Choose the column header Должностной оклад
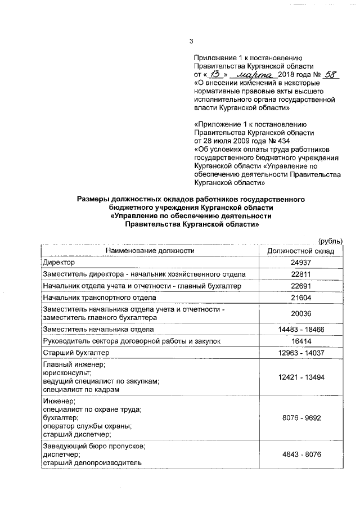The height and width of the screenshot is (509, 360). pos(301,251)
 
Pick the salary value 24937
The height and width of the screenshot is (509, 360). pos(301,263)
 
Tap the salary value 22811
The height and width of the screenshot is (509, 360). pos(301,274)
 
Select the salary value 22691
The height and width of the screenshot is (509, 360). pos(301,286)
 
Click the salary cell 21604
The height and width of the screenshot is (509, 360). pos(301,298)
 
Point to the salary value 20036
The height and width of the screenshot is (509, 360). pos(301,313)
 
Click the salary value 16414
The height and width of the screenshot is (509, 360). pos(301,341)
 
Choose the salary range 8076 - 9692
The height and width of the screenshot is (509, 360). pos(301,419)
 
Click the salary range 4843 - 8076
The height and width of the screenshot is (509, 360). pos(301,454)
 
